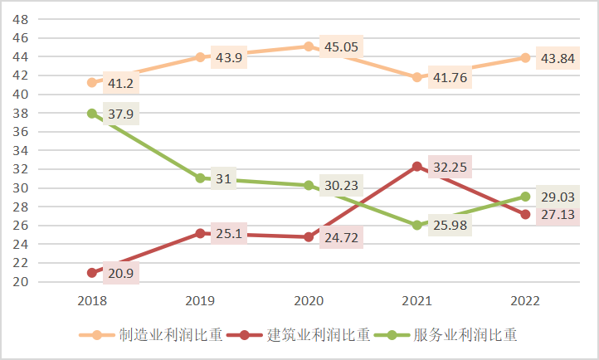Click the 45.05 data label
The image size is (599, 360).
[341, 46]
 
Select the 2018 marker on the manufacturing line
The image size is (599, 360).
[93, 82]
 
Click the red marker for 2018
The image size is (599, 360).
[93, 272]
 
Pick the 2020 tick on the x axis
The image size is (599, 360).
[309, 299]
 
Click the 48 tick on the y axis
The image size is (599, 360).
[22, 19]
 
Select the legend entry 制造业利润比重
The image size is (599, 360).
[158, 335]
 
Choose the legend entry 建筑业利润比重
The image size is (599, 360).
[307, 335]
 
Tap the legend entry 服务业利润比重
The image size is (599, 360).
[455, 335]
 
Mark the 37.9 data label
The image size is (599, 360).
[121, 114]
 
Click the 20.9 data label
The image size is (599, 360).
[121, 272]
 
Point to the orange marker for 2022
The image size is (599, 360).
[525, 57]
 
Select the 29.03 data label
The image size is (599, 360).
[558, 197]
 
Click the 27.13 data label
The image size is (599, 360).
[558, 215]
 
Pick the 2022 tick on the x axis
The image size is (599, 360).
[525, 299]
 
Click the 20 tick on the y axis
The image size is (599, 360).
[22, 281]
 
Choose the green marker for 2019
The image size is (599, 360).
[201, 178]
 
